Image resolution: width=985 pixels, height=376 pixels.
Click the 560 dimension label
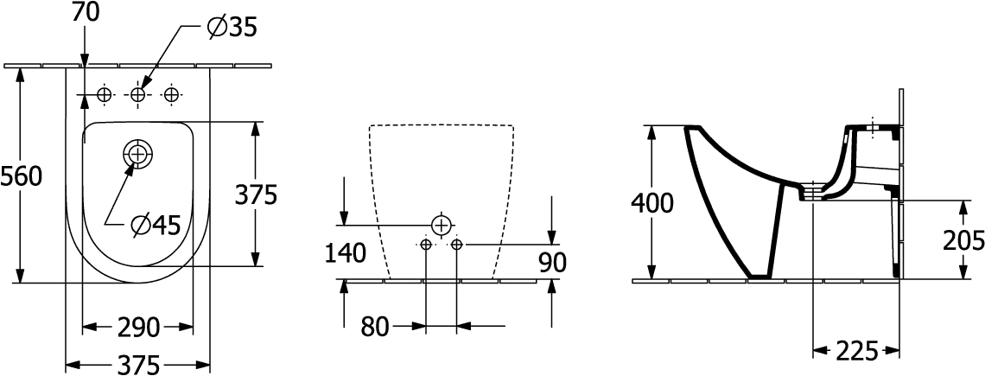[22, 176]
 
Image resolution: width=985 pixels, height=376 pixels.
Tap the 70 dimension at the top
[86, 12]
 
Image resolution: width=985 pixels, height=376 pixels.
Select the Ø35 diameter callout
[232, 27]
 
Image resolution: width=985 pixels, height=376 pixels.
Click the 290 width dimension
[137, 328]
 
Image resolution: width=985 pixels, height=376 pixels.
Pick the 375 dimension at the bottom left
[138, 365]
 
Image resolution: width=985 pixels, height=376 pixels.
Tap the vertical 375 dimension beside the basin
[257, 195]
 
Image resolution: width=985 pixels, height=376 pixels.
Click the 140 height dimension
[345, 253]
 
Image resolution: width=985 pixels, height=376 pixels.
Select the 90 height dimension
[553, 262]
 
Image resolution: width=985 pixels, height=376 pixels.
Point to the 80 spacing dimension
[375, 327]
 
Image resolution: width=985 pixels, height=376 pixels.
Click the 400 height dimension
[652, 202]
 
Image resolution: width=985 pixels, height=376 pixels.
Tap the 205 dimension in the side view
[963, 240]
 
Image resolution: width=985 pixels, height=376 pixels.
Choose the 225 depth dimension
[857, 352]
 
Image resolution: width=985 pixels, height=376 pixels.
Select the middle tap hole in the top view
[137, 95]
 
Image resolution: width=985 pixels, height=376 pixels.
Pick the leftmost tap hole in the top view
[105, 95]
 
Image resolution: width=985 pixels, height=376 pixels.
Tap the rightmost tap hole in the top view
[171, 95]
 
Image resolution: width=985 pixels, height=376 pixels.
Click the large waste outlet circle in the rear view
[442, 225]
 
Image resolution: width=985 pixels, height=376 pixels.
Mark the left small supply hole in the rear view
[426, 244]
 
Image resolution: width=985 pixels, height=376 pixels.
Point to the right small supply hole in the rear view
[457, 244]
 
